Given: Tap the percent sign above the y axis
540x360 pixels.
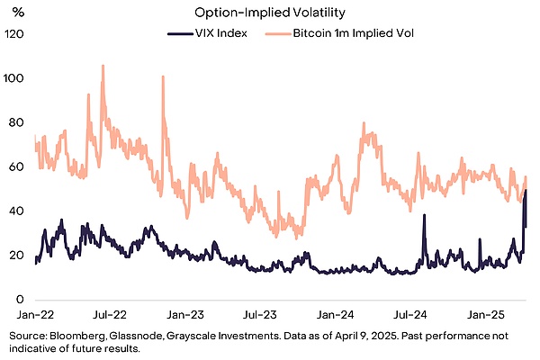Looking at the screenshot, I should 16,12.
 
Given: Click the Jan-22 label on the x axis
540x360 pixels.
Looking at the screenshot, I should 32,316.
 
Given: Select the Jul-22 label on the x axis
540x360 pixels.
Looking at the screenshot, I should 109,316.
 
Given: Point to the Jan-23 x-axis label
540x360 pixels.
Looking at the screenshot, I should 186,316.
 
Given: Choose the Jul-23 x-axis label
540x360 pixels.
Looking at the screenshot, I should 261,316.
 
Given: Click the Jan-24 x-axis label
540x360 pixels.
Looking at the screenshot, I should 338,316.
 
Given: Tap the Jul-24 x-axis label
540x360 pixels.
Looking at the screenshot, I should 415,316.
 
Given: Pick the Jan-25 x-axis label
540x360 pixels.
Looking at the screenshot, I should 491,316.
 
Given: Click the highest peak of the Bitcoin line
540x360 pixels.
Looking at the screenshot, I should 103,66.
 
